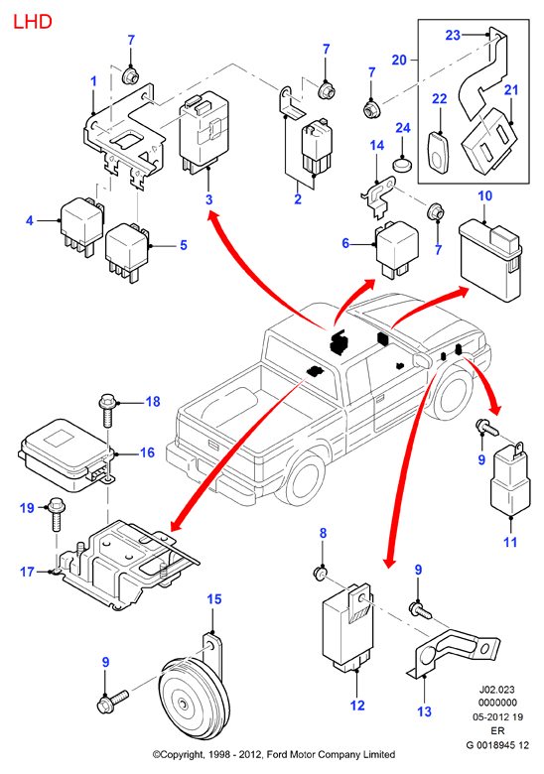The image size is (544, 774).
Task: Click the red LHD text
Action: point(32,22)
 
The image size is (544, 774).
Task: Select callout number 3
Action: point(208,199)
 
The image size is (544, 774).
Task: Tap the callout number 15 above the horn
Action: point(214,599)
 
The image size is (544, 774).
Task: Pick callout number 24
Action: point(403,128)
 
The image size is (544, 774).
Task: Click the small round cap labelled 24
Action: point(403,164)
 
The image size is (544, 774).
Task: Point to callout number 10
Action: point(484,195)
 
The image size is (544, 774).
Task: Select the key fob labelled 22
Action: point(438,153)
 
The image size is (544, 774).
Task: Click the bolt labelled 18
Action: point(107,411)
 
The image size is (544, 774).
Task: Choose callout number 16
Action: point(147,452)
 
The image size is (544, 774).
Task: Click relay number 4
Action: point(82,226)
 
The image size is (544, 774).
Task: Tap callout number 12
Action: point(357,706)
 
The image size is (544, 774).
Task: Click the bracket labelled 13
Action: point(453,652)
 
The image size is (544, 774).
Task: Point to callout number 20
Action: point(399,61)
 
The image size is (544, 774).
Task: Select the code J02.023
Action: point(497,690)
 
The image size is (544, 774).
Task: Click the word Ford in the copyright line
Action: point(276,755)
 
